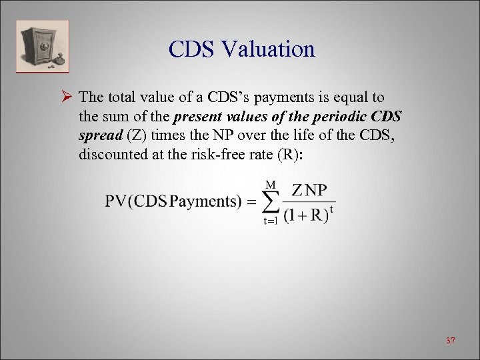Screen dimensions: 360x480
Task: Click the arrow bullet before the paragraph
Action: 66,97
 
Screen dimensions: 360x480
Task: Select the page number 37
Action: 450,341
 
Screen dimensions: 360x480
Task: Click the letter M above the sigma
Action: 271,183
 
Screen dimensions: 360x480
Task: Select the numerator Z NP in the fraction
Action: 309,191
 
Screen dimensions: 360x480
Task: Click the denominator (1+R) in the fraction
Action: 305,215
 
